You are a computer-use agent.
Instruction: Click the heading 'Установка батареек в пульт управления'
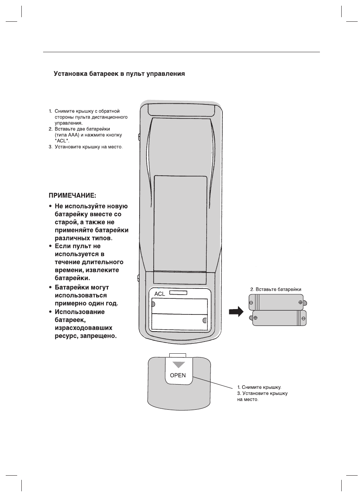(119, 74)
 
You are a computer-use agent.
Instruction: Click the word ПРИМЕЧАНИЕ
(72, 196)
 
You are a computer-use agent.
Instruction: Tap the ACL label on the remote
(159, 294)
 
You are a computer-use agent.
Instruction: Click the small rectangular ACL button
(178, 292)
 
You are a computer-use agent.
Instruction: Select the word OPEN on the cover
(178, 375)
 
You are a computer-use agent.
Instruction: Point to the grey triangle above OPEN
(178, 364)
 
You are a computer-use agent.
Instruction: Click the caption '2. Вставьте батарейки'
(276, 289)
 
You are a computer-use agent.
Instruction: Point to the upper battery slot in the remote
(179, 306)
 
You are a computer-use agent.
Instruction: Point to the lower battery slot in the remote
(179, 321)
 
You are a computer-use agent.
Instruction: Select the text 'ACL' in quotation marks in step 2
(61, 141)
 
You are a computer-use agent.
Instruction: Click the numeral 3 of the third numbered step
(50, 147)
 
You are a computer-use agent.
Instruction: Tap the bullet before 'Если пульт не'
(50, 247)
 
